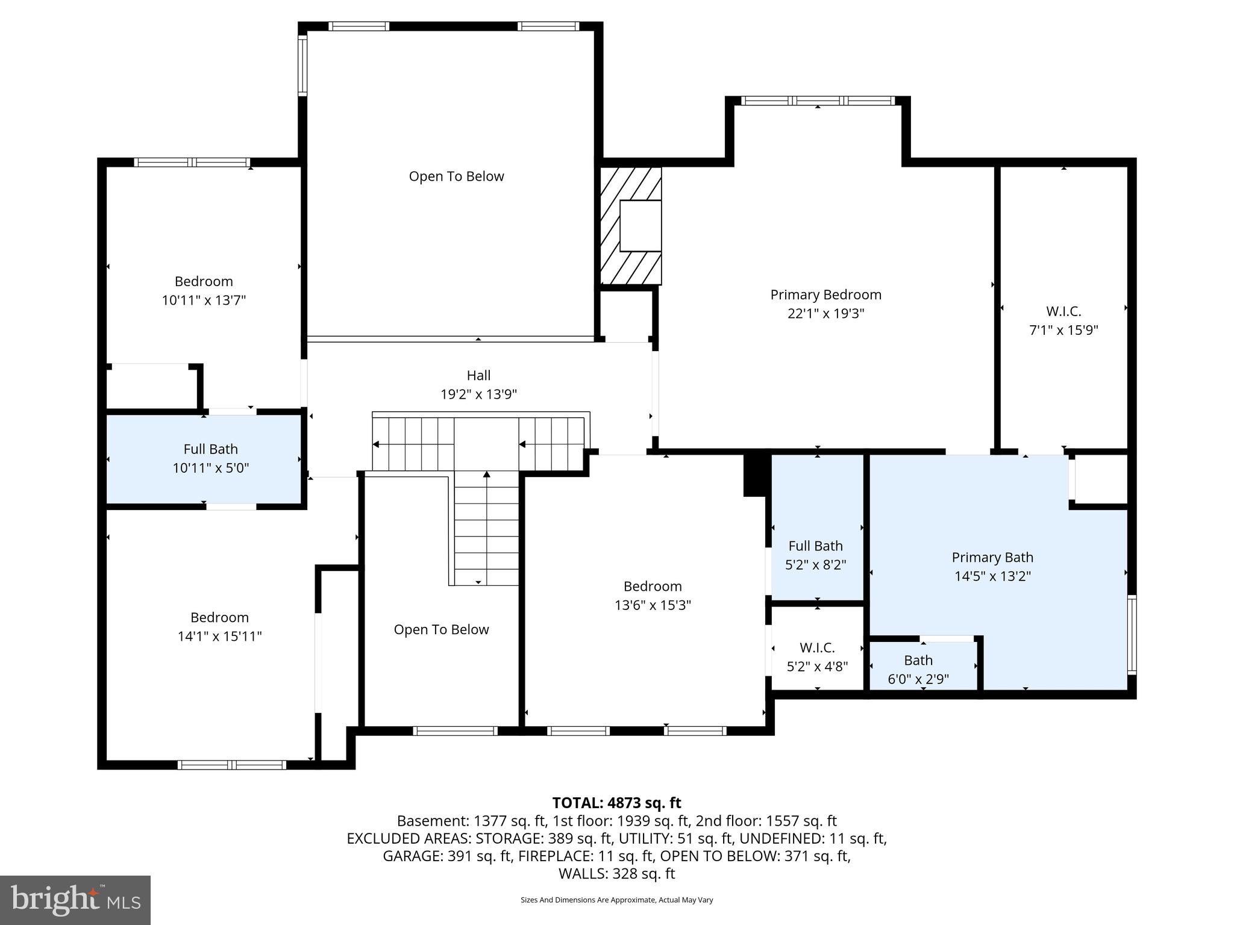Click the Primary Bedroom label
[825, 294]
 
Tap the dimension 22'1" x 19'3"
[825, 314]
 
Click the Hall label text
[478, 375]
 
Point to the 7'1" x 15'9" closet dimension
[1063, 330]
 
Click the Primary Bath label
[992, 557]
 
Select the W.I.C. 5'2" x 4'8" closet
[817, 656]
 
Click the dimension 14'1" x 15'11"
[219, 637]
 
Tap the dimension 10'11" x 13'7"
[204, 300]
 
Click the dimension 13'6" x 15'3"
[653, 605]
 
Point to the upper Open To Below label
[456, 176]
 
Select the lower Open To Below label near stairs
[441, 629]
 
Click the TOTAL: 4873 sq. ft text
[616, 803]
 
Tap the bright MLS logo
[75, 900]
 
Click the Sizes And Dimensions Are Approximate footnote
[616, 900]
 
